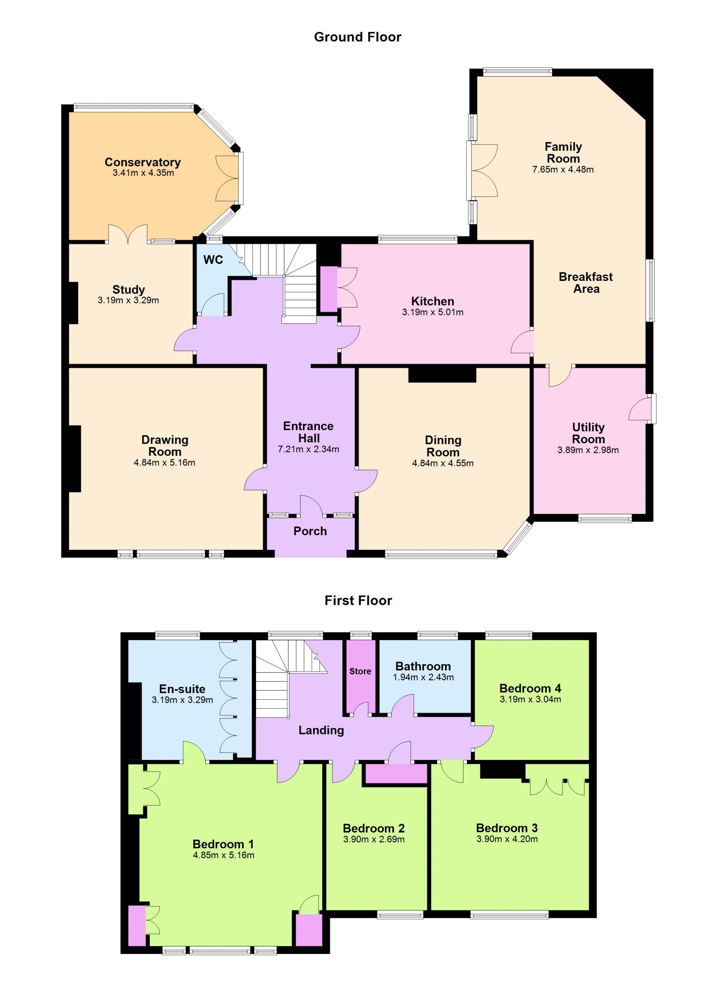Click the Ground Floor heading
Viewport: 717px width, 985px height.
[x=357, y=37]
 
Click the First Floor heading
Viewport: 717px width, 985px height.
[x=358, y=601]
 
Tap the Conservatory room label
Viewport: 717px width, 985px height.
[x=142, y=162]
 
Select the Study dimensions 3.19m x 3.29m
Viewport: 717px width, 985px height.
[x=128, y=300]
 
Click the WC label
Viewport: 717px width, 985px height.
[x=213, y=260]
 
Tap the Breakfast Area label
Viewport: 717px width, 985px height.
[x=586, y=283]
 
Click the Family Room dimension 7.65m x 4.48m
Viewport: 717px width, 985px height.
[x=563, y=169]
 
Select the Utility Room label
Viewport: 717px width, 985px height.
[x=588, y=433]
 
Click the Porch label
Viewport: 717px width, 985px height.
[x=310, y=531]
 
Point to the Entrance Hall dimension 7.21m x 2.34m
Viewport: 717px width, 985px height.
[x=308, y=449]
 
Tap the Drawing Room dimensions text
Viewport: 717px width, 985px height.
[x=164, y=462]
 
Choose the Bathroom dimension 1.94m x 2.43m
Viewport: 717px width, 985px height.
[x=423, y=677]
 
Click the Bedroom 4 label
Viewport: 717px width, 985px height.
[x=530, y=688]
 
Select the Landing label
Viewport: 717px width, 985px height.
[x=321, y=731]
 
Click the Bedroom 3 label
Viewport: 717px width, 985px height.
[x=507, y=828]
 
